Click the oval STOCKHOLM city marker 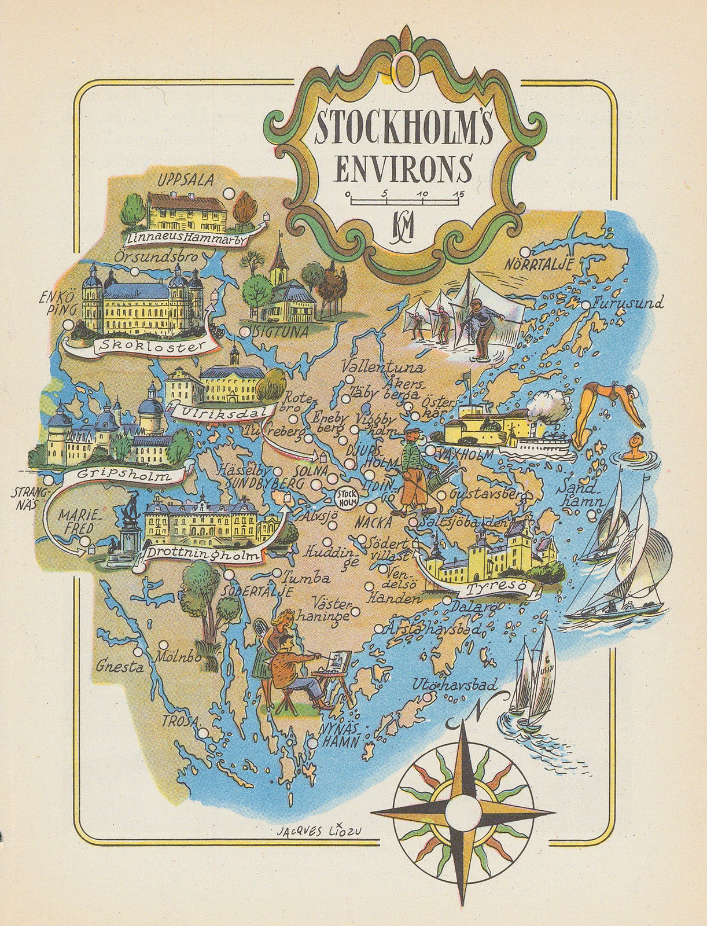pyautogui.click(x=346, y=497)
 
